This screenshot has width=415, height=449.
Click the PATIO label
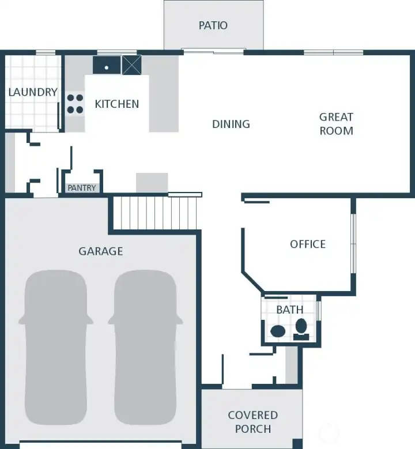point(213,25)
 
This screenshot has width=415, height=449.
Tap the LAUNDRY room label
point(33,92)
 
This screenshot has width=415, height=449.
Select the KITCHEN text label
point(117,104)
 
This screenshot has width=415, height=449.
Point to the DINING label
point(231,124)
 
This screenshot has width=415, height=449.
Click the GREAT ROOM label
point(337,124)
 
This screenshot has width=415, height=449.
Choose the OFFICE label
point(308,244)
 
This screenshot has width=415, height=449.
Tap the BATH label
point(289,310)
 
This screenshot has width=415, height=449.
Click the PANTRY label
point(82,188)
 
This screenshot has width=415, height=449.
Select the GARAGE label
point(101,251)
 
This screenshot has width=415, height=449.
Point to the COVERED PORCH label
point(252,422)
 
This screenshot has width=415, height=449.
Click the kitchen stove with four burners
point(75,103)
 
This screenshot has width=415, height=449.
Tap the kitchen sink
point(107,65)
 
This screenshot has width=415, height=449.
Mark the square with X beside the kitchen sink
point(131,65)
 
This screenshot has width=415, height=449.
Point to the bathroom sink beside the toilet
point(278,331)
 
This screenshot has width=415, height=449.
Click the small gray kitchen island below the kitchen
point(152,183)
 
